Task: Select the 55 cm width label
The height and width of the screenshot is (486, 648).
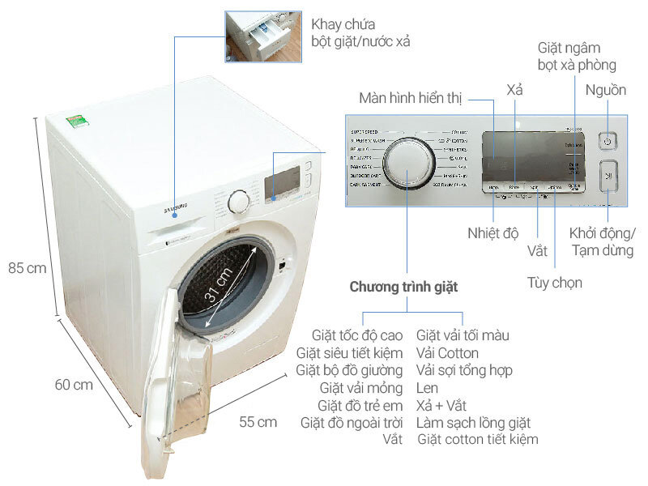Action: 258,422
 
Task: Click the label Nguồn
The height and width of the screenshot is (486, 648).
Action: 607,90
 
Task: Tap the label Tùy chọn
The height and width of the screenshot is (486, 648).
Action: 554,283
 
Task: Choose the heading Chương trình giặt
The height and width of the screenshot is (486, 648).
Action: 403,288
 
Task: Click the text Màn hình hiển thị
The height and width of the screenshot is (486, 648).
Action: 411,99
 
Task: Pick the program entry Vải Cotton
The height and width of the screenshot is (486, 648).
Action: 447,353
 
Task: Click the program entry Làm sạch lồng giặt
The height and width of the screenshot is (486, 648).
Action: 474,422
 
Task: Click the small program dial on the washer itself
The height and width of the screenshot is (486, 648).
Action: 239,201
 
